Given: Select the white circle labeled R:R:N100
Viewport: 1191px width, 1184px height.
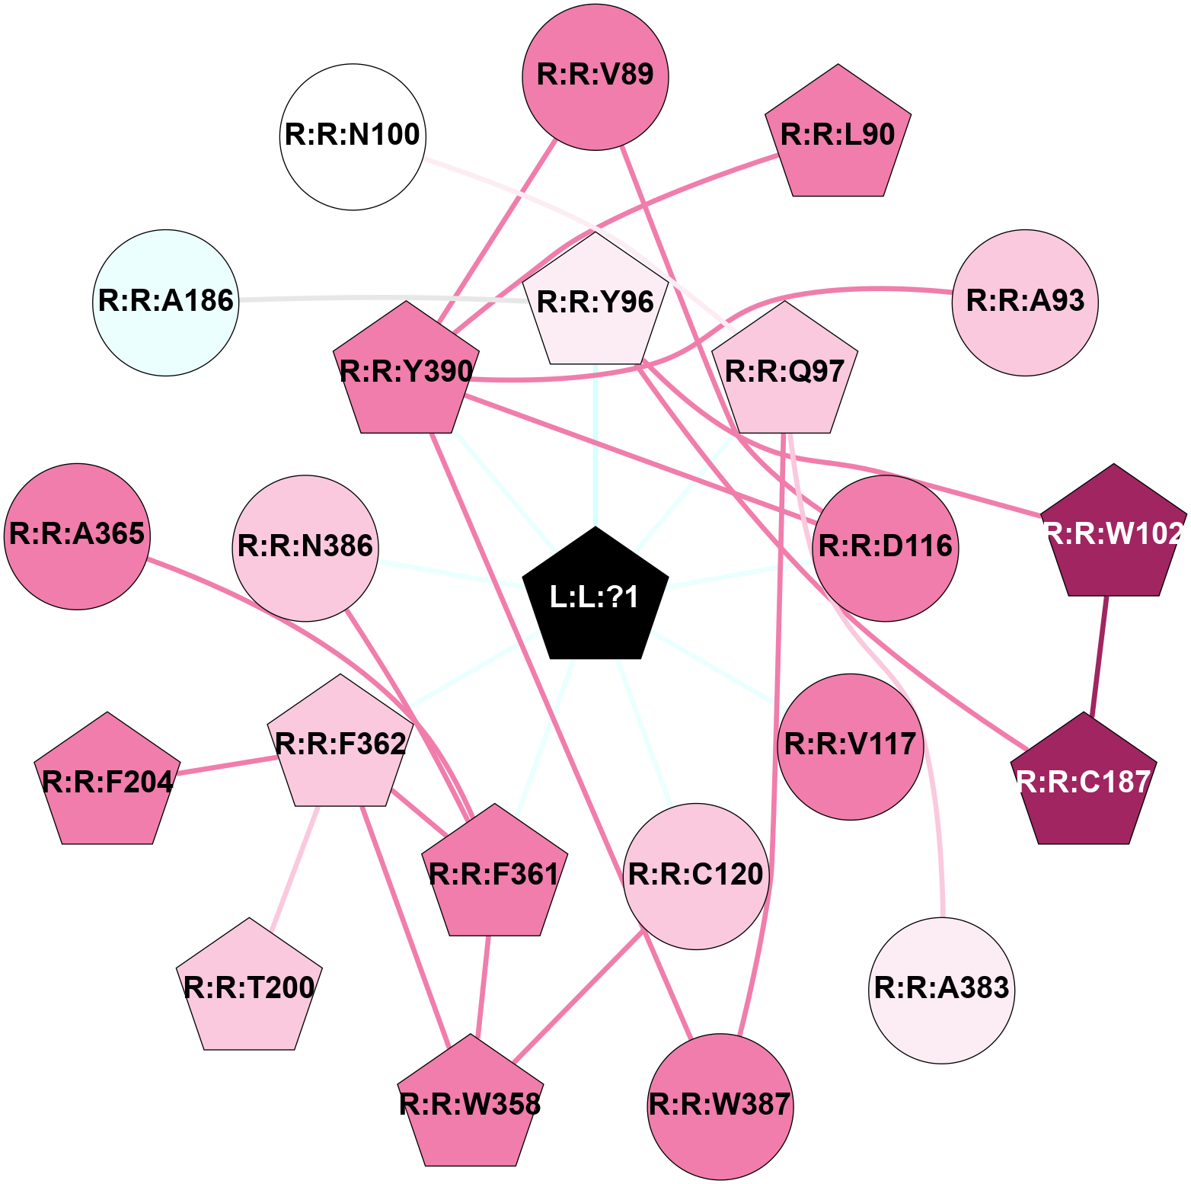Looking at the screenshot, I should [x=353, y=136].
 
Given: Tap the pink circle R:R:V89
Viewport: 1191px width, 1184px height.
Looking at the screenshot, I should [x=595, y=76].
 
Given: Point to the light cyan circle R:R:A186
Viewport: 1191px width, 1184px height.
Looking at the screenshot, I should [x=166, y=302].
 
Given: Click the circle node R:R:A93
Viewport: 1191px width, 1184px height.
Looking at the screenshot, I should [x=1025, y=302].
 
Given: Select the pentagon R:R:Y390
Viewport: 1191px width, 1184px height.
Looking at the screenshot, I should [x=406, y=373].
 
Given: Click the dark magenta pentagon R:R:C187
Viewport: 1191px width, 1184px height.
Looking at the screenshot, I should [x=1084, y=783].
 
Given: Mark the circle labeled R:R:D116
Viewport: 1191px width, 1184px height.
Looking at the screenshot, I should [x=886, y=548].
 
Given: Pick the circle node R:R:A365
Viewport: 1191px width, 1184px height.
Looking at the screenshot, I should [x=78, y=536].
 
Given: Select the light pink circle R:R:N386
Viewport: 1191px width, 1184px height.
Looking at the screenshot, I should [x=305, y=548].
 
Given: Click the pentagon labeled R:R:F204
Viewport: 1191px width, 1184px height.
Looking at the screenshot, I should [x=107, y=783].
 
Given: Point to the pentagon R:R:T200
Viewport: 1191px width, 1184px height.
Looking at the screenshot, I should [x=249, y=989].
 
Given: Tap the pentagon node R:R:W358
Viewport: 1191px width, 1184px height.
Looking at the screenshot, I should [x=471, y=1105].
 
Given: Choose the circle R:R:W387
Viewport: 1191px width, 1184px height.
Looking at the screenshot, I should [x=720, y=1106].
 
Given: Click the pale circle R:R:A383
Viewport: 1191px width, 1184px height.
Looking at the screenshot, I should [x=942, y=990].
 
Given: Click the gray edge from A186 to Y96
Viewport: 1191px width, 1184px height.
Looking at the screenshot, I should [x=381, y=298].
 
